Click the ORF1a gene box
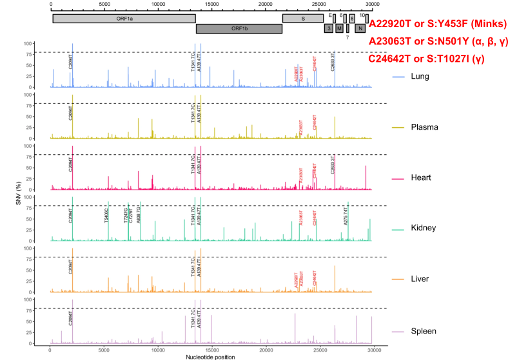tap(123, 19)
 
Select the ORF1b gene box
tap(239, 29)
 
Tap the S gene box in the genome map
tap(303, 19)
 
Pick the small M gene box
tap(339, 28)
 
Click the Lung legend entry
tap(423, 76)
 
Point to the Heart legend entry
tap(424, 177)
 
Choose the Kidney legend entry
tap(425, 228)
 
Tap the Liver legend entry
tap(423, 279)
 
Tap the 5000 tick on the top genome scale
tap(104, 5)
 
